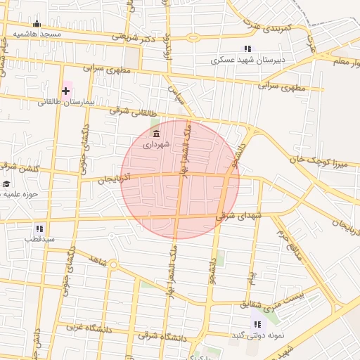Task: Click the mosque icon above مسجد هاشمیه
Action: click(37, 24)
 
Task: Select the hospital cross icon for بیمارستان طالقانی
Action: click(66, 91)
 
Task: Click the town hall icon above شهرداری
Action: click(156, 134)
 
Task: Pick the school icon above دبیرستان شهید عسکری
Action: click(247, 49)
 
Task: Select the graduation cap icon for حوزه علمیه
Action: click(6, 184)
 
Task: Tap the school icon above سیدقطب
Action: click(39, 229)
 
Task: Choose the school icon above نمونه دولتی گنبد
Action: click(257, 323)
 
